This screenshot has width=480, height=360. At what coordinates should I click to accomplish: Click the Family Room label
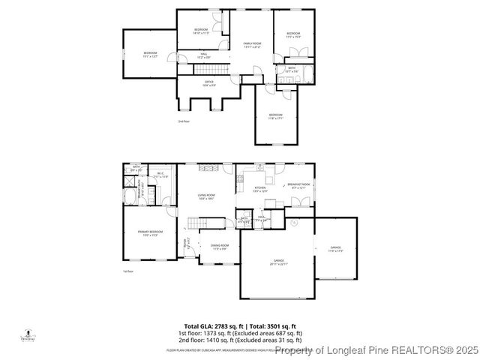251,45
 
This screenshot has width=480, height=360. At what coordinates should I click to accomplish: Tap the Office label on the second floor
209,83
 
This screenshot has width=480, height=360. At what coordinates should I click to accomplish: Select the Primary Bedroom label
150,233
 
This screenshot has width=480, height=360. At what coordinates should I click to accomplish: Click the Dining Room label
219,247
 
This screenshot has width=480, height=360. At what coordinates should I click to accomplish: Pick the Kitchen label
259,189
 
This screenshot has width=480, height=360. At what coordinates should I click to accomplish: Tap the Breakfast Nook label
298,185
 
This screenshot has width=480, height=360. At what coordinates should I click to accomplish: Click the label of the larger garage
278,262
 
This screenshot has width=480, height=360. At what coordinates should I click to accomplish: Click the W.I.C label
160,175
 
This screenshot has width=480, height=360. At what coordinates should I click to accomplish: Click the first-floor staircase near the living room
196,223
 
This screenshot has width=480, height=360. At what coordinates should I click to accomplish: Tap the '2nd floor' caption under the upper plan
184,121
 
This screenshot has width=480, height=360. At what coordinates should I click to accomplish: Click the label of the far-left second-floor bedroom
150,54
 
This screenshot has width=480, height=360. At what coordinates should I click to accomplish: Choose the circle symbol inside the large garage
294,223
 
